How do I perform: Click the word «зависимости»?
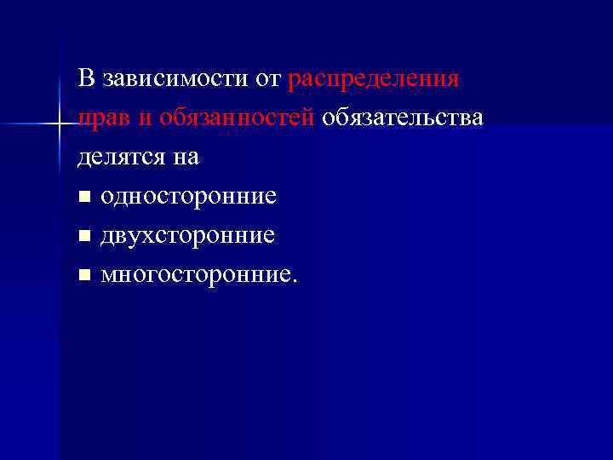[x=175, y=80]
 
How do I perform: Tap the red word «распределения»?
[x=375, y=80]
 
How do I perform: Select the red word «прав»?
[x=102, y=118]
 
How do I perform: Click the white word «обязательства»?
[x=402, y=118]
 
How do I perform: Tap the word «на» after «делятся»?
[x=186, y=158]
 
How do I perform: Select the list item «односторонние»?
[x=188, y=196]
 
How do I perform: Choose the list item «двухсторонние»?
[x=187, y=235]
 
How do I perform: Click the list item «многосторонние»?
[x=198, y=274]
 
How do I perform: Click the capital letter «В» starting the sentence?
[x=85, y=80]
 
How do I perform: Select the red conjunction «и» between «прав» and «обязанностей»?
[x=141, y=119]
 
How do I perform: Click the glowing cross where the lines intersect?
[x=59, y=125]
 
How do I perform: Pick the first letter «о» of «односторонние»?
[x=106, y=198]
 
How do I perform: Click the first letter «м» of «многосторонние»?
[x=108, y=276]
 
